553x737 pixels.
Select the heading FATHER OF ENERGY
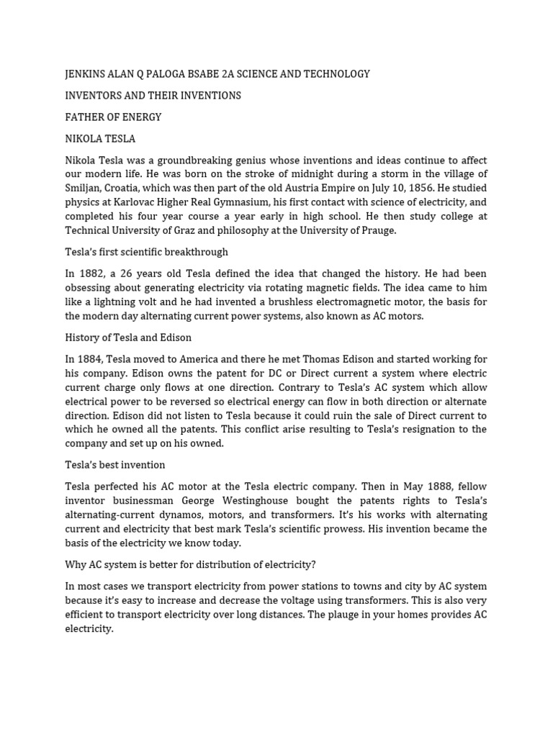pyautogui.click(x=113, y=117)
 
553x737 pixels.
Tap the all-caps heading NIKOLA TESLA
pyautogui.click(x=100, y=138)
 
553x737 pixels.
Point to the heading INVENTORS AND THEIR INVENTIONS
pyautogui.click(x=153, y=96)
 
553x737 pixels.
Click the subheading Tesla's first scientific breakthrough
pyautogui.click(x=146, y=252)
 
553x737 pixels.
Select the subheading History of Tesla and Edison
pyautogui.click(x=128, y=338)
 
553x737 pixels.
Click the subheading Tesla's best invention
pyautogui.click(x=114, y=465)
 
